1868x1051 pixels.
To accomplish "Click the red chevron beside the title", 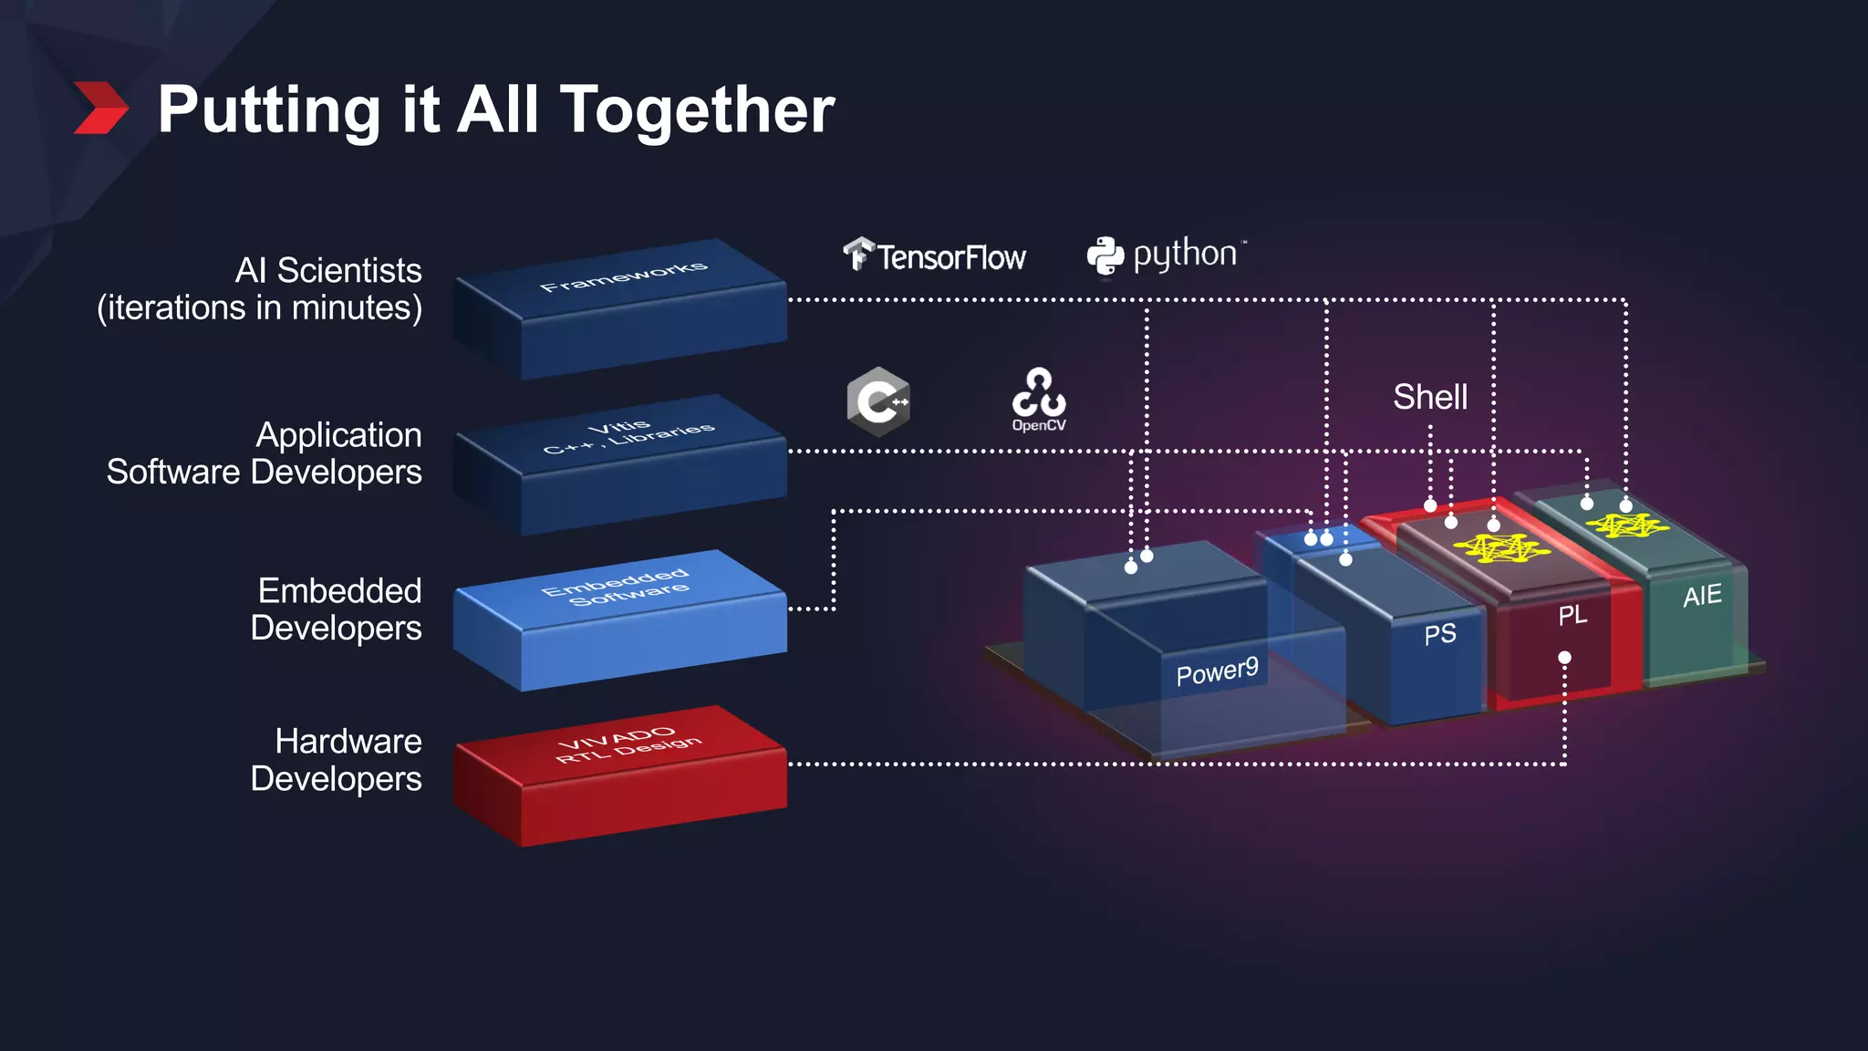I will pos(100,108).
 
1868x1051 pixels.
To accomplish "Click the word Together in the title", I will pos(697,109).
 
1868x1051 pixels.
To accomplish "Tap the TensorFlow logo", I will pos(935,256).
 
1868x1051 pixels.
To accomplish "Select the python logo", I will pos(1166,255).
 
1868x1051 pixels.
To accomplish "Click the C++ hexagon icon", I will pos(877,401).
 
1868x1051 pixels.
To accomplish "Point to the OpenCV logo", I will pos(1039,400).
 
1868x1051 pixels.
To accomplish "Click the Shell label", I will pos(1429,397).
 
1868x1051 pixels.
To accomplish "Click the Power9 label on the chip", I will pos(1217,672).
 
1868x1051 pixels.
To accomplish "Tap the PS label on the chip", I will pos(1440,634).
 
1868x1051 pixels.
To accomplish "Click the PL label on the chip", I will pos(1572,615).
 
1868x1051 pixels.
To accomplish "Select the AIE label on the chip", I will pos(1702,596).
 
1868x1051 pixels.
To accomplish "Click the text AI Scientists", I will pos(328,271).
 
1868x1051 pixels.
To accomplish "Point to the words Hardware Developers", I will pos(336,760).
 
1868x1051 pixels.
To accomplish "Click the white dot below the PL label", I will pos(1564,657).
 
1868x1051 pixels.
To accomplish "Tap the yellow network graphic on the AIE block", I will pos(1626,525).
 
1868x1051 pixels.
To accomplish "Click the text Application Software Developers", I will pos(265,453).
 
